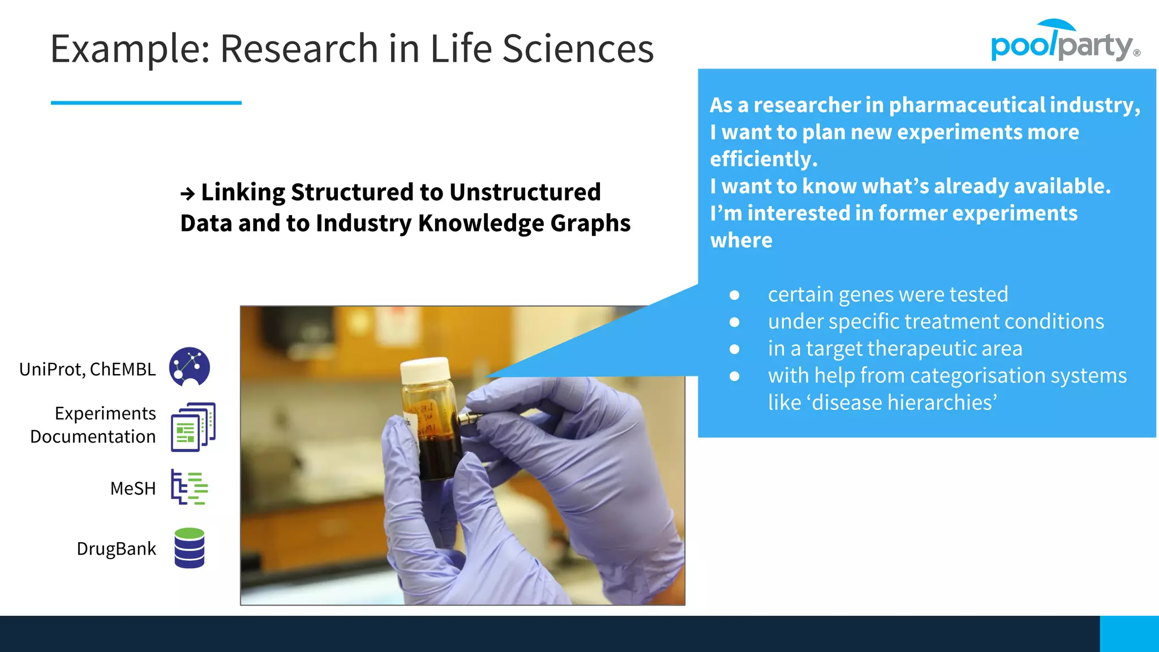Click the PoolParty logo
[x=1064, y=42]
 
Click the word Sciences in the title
[x=578, y=49]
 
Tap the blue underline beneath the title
[x=146, y=102]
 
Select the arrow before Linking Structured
[x=187, y=194]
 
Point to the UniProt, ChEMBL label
[x=87, y=369]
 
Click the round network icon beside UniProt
[x=190, y=367]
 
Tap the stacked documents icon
[x=192, y=427]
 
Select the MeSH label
[x=132, y=488]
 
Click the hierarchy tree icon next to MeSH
[x=190, y=487]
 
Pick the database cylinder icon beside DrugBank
[x=190, y=548]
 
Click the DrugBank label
[x=116, y=548]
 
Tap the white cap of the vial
[x=424, y=371]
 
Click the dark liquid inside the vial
[x=439, y=453]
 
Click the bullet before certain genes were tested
[x=735, y=295]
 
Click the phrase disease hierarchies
[x=902, y=402]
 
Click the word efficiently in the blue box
[x=763, y=160]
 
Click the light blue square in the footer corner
[x=1129, y=634]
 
